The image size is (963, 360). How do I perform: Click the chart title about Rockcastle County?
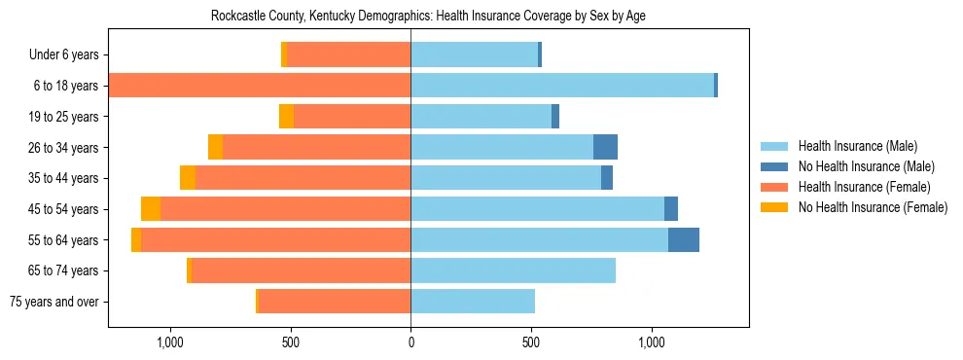(x=428, y=16)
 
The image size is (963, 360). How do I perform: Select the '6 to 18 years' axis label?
(x=66, y=86)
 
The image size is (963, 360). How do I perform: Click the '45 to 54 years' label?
(x=63, y=209)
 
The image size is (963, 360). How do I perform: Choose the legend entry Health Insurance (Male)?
(x=857, y=146)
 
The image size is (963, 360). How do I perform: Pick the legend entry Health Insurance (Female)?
(x=864, y=187)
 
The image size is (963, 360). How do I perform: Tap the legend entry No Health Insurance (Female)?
(x=873, y=207)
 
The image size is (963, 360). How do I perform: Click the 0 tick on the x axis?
(x=410, y=342)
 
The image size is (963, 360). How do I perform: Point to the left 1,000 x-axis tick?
(x=169, y=342)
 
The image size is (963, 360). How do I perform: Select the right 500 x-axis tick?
(x=531, y=342)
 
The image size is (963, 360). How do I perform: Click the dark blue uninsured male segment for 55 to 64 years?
(x=684, y=239)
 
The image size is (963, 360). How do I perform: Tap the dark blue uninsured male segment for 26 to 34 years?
(x=605, y=147)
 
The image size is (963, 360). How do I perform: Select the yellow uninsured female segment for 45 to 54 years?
(x=151, y=208)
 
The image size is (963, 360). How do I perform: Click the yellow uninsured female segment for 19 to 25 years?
(x=286, y=116)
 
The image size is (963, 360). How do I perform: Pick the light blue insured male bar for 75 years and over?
(x=473, y=301)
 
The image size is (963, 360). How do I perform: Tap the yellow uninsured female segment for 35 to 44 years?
(x=188, y=178)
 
